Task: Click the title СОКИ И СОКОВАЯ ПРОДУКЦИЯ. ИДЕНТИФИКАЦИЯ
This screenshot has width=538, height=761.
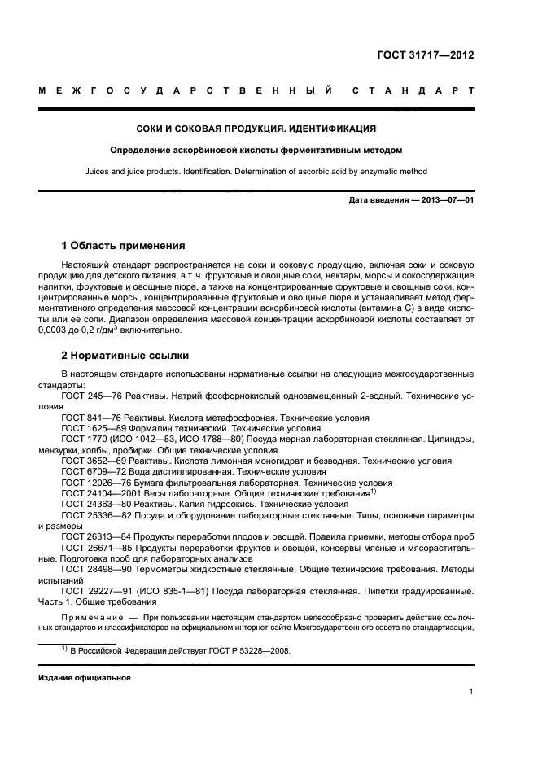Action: pos(269,129)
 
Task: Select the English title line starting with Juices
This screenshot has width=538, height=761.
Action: pos(269,171)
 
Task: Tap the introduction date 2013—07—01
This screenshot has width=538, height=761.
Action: pos(446,200)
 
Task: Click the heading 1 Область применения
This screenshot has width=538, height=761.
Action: pos(124,245)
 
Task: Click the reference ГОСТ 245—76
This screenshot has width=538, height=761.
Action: pos(90,396)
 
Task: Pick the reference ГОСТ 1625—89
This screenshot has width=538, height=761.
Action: pos(92,427)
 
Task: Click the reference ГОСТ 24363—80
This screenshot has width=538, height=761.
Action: pos(94,505)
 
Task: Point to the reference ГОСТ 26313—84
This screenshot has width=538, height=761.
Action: pos(94,537)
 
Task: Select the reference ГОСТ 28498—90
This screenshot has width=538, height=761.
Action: pos(94,571)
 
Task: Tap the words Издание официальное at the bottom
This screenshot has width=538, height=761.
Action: pos(85,677)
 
